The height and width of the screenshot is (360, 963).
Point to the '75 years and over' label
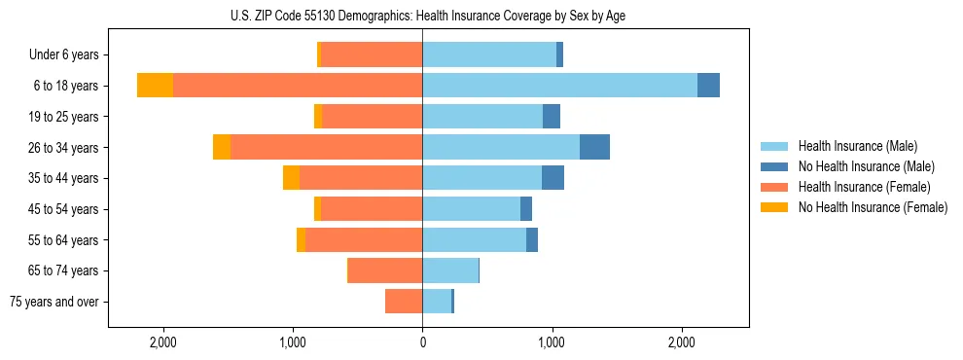(54, 302)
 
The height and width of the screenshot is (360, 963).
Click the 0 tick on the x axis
(422, 342)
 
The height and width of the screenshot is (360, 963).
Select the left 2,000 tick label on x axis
(162, 342)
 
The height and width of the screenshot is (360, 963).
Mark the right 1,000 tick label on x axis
(552, 342)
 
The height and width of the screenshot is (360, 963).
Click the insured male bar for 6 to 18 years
(559, 86)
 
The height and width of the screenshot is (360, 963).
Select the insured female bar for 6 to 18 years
(298, 86)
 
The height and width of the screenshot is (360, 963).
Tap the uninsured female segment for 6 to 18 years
(155, 86)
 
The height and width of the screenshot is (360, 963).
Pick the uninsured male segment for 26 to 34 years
(594, 147)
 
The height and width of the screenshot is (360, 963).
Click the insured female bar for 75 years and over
(404, 302)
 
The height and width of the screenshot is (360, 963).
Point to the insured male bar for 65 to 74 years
(450, 270)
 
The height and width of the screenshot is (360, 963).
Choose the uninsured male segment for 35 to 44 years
(553, 178)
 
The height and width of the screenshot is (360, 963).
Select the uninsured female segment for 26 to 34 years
(222, 147)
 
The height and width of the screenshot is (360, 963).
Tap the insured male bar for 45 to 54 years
(471, 209)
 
